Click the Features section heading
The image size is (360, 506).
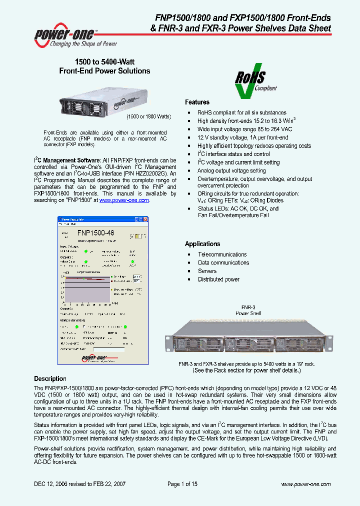197,102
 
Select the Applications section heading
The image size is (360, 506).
202,244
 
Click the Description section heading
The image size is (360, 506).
50,378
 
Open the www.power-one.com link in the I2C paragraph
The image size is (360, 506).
124,200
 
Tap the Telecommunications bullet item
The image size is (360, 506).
222,254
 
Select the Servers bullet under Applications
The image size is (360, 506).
207,271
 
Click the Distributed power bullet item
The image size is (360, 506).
218,279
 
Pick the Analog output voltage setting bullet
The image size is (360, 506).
231,170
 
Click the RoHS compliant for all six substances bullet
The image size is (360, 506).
242,113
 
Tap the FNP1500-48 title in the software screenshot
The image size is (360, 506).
96,232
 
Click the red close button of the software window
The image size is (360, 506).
146,218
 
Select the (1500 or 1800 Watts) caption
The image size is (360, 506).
148,116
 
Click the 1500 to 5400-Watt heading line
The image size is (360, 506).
104,62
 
